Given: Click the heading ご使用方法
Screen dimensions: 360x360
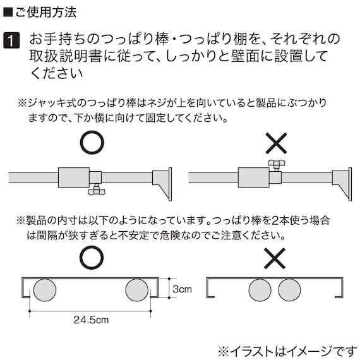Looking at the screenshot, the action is pos(45,12).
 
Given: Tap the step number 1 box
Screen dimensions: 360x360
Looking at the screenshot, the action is pos(11,40).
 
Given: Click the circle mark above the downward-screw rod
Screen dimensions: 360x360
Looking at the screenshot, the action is pos(92,142).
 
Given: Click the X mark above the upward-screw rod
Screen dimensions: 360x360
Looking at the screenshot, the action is pos(276,143).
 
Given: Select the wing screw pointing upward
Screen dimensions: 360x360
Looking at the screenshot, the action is pos(277,165).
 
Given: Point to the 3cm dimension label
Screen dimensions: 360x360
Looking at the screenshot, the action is pos(182,289).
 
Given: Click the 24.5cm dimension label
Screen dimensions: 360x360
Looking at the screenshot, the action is pos(91,320).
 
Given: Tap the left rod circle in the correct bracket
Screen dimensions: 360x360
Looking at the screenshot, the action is pos(45,290).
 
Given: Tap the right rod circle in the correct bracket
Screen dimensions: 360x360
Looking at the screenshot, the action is pos(137,290).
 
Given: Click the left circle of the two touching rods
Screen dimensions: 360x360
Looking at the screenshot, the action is pos(260,290).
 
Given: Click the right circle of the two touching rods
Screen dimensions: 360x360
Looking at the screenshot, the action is pos(289,290).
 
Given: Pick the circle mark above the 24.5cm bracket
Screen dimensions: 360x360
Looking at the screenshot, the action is pos(92,258).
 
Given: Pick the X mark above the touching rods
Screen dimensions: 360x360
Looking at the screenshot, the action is pos(275,258).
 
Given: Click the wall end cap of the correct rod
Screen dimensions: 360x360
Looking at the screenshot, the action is pos(162,184).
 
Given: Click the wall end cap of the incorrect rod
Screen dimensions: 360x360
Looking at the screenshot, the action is pos(342,184).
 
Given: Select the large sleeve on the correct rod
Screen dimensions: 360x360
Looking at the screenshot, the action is pos(74,177).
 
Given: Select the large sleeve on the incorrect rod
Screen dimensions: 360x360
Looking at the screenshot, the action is pos(254,177).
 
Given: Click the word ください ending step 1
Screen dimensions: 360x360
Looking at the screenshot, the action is pos(56,74).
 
